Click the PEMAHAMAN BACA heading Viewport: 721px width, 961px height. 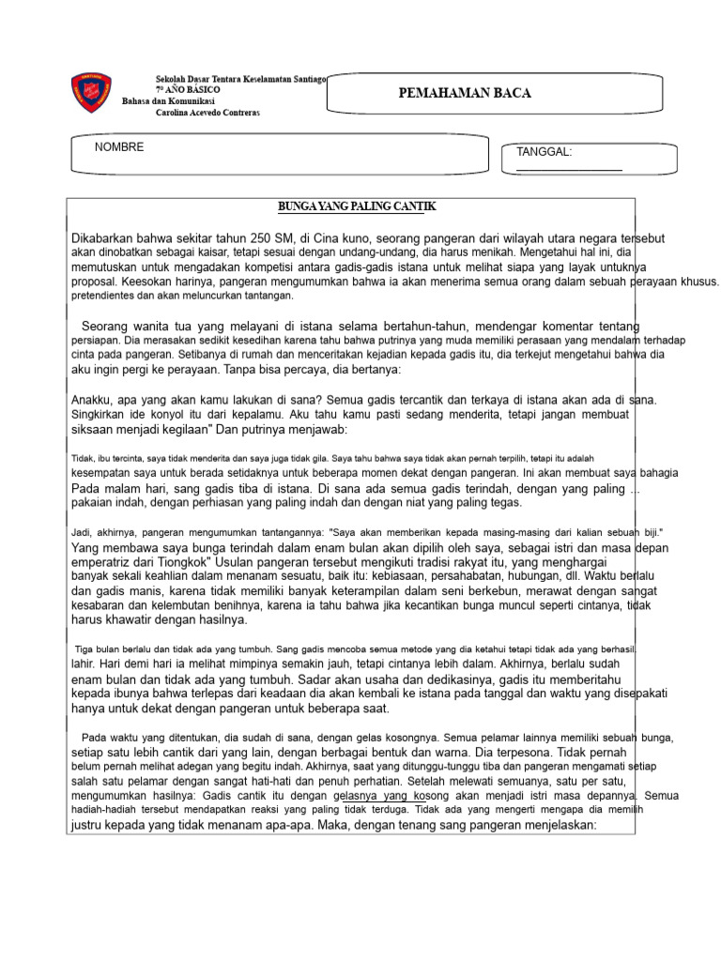pos(466,93)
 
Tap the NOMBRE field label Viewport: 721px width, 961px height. pos(119,147)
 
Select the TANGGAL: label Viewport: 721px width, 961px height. pos(545,152)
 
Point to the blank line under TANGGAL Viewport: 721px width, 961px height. pos(569,170)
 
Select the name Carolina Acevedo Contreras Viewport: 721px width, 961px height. pos(207,113)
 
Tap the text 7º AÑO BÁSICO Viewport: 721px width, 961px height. pos(188,89)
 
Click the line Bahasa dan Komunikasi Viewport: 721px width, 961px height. pos(169,100)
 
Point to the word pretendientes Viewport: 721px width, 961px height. pos(107,295)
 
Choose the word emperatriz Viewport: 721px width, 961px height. pos(104,561)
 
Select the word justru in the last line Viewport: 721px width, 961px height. pos(90,826)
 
